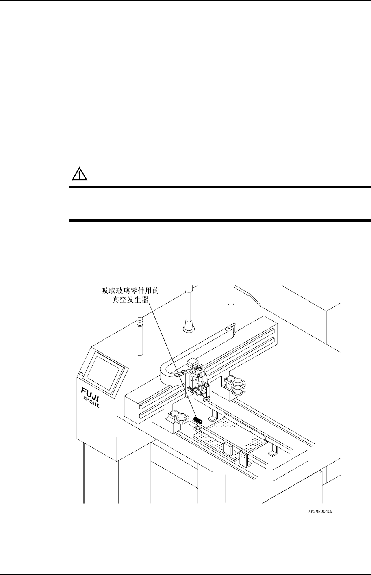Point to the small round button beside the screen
[81, 374]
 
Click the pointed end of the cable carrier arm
[232, 327]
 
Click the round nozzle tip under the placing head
[207, 399]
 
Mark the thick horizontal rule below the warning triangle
[219, 187]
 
